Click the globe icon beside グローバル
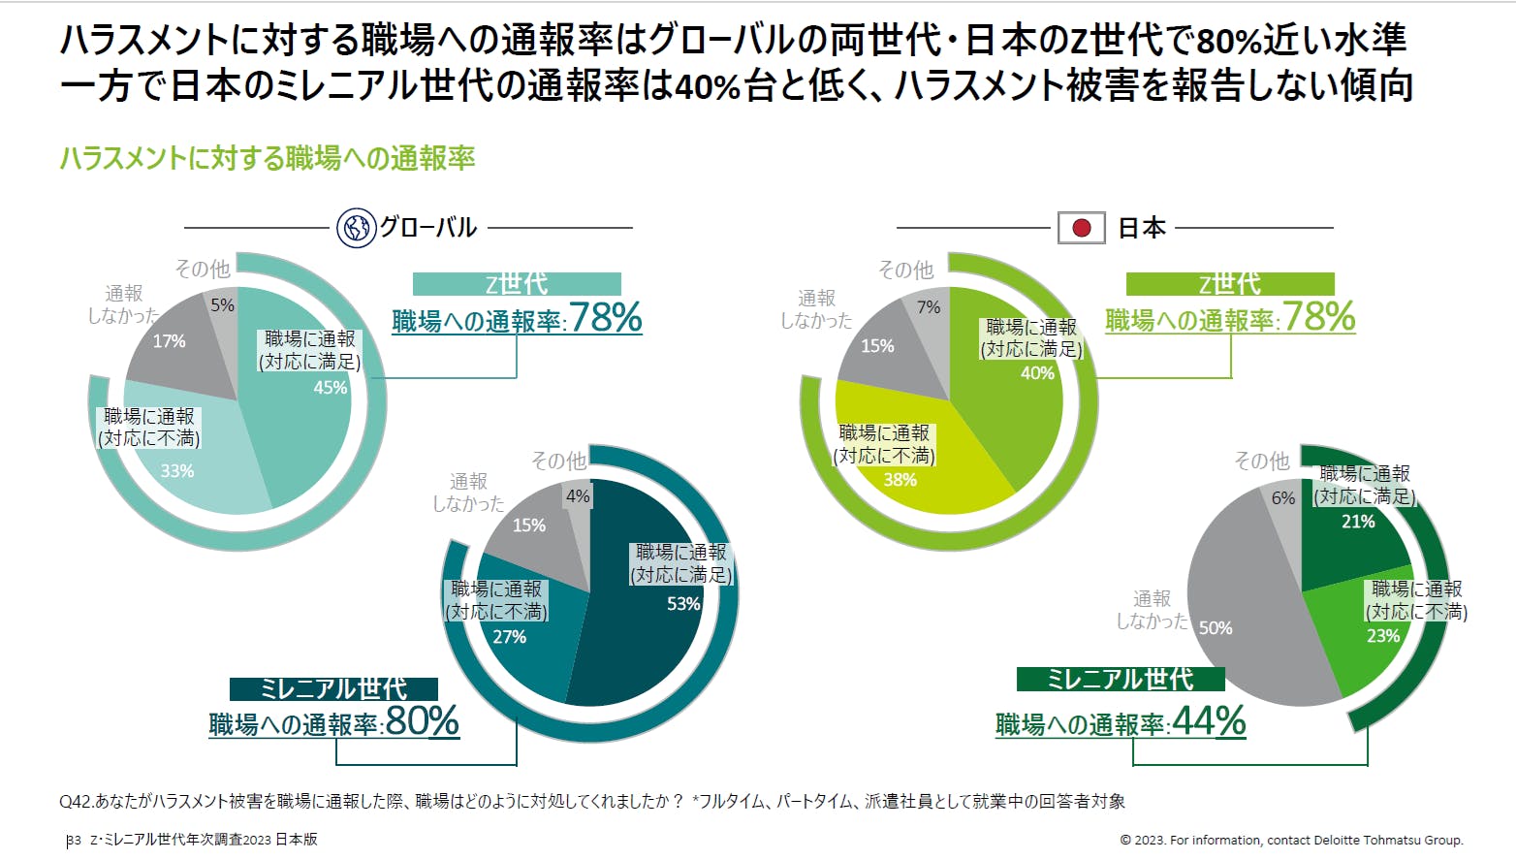356,228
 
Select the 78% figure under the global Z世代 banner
605,318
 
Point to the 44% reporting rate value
1208,721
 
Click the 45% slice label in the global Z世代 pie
330,388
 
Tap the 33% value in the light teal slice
177,471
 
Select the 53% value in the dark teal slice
683,604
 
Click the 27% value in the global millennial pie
509,637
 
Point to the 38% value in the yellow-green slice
900,480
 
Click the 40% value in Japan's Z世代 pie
1037,373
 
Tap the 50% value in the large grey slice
1216,628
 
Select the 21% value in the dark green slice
1358,522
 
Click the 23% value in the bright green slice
1383,636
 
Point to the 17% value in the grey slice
169,341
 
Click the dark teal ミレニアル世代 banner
333,688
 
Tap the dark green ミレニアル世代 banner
1121,679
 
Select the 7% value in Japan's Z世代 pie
929,307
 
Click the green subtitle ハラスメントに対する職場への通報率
268,158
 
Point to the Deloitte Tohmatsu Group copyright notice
1291,841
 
